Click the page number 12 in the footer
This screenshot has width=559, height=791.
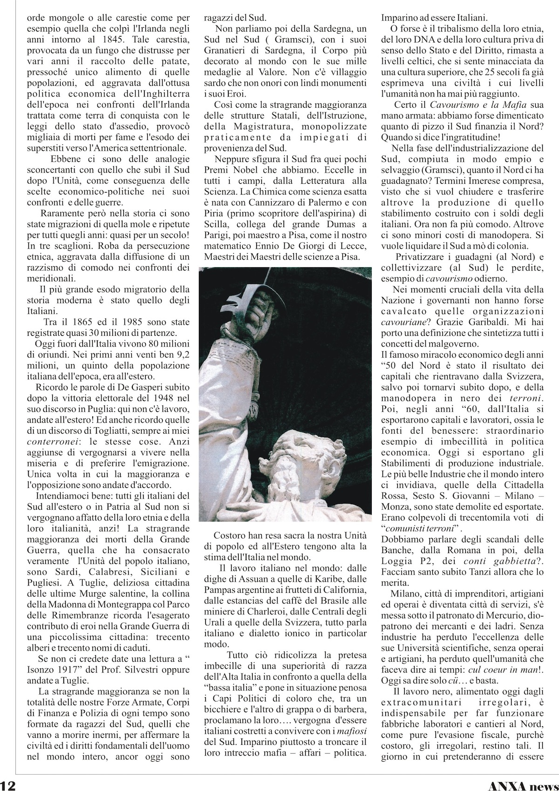(x=9, y=784)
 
